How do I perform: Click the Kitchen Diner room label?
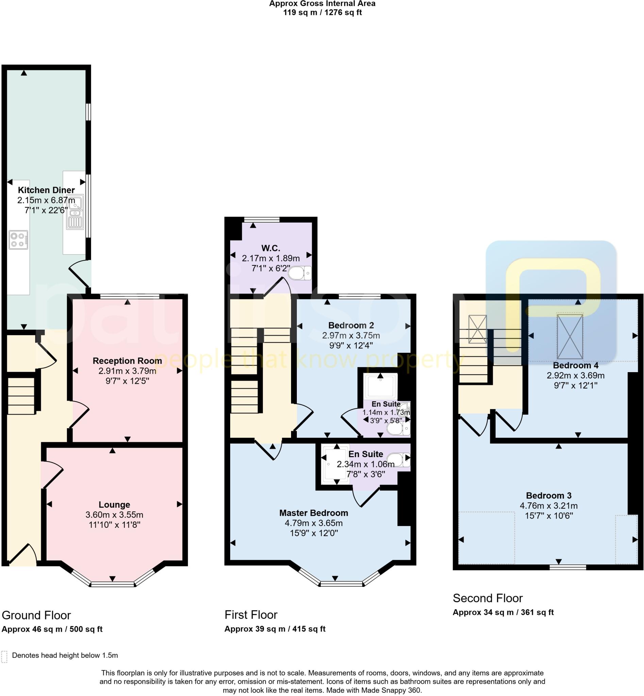(x=46, y=190)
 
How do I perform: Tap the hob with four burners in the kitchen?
(x=18, y=240)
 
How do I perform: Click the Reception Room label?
(x=127, y=361)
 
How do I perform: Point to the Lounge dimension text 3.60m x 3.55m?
(x=114, y=515)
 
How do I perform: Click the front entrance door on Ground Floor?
(x=23, y=555)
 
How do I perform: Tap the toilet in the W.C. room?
(x=300, y=273)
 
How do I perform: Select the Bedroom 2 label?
(x=351, y=325)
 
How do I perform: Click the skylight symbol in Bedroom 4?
(x=570, y=336)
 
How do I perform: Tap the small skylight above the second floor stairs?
(x=477, y=329)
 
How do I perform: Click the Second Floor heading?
(x=488, y=598)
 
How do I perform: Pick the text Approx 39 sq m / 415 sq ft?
(x=275, y=629)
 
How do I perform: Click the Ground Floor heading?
(x=36, y=615)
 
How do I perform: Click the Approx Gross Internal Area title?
(x=322, y=4)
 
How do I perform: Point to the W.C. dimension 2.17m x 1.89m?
(x=271, y=258)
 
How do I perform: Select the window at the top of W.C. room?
(x=262, y=220)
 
